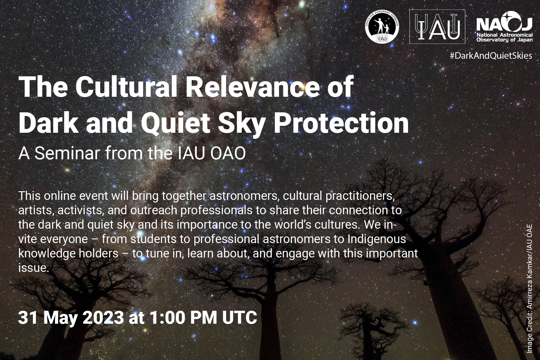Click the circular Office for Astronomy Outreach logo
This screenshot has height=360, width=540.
(382, 26)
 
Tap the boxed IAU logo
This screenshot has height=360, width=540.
(437, 26)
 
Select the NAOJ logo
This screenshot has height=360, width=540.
(504, 26)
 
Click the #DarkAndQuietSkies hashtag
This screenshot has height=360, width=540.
(491, 56)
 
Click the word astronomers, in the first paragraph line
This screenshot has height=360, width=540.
(245, 196)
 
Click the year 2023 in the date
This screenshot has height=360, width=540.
(103, 318)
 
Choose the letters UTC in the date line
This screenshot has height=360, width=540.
(240, 318)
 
